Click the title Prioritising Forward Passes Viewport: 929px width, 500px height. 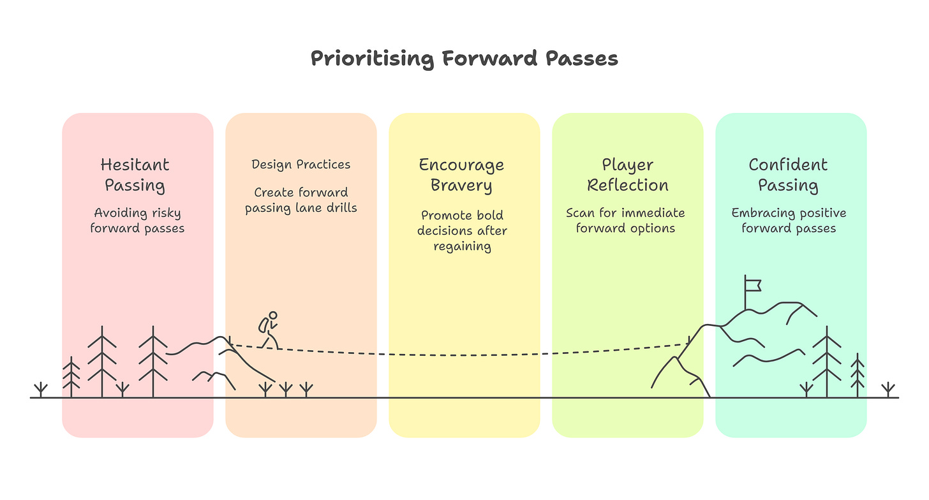click(464, 59)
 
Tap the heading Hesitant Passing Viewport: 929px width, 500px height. click(135, 175)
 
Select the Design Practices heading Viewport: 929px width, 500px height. click(301, 165)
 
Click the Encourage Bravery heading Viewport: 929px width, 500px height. click(461, 175)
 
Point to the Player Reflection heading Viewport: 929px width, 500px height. click(627, 175)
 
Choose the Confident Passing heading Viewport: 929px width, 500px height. click(788, 175)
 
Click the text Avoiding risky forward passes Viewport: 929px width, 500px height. click(137, 220)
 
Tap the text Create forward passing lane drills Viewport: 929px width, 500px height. click(301, 200)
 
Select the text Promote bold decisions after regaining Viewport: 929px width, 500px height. click(462, 230)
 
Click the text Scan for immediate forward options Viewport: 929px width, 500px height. click(625, 220)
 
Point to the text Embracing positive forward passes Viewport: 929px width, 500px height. click(789, 220)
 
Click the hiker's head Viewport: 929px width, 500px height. click(274, 315)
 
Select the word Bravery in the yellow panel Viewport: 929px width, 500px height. click(461, 186)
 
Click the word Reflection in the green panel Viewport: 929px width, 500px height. click(628, 186)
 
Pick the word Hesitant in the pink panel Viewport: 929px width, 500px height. click(135, 165)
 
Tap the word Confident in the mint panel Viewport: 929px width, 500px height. click(788, 165)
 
